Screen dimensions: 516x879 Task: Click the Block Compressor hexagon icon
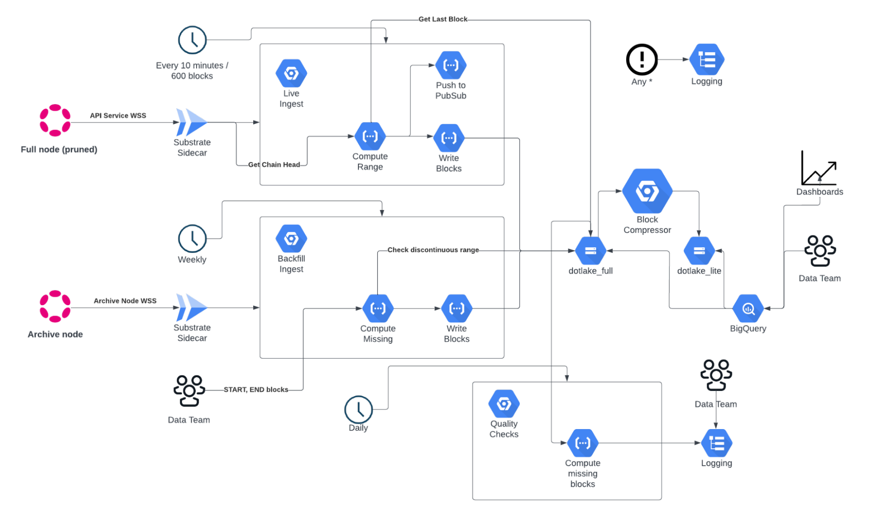click(x=647, y=191)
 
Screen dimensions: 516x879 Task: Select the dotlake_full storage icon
click(x=590, y=251)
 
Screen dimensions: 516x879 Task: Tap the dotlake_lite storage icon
click(x=699, y=251)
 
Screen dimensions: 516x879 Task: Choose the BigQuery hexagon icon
click(x=748, y=309)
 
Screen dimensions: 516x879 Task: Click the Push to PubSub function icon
click(x=451, y=65)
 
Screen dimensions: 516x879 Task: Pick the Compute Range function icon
click(x=370, y=137)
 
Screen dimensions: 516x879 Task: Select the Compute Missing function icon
click(x=378, y=308)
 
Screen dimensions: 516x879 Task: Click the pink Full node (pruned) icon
click(x=55, y=120)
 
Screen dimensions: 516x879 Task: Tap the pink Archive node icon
click(x=55, y=306)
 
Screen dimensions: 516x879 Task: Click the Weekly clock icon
click(x=192, y=239)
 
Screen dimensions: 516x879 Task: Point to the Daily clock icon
click(x=358, y=409)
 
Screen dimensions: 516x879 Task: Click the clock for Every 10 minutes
click(x=192, y=40)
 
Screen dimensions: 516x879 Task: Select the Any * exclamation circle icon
click(x=642, y=59)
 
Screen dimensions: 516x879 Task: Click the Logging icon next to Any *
click(x=707, y=59)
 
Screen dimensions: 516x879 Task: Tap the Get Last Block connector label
click(x=443, y=19)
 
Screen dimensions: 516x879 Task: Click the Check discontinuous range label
click(x=433, y=250)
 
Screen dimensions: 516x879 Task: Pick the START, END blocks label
click(x=256, y=390)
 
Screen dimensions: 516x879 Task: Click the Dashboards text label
click(x=820, y=192)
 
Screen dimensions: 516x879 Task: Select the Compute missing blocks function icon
click(x=583, y=443)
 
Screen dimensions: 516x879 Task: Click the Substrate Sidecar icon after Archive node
click(x=192, y=307)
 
